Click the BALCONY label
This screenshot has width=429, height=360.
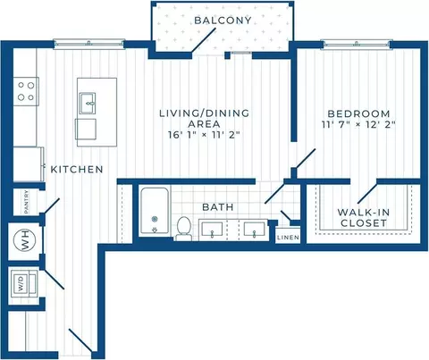click(x=223, y=21)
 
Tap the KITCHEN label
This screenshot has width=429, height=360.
click(x=77, y=170)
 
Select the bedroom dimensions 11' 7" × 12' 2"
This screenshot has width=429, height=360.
click(x=358, y=124)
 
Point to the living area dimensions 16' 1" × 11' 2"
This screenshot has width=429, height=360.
click(x=204, y=135)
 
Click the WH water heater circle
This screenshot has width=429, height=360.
click(x=25, y=239)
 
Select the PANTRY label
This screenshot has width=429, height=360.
click(x=27, y=202)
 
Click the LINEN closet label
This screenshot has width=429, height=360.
click(x=288, y=238)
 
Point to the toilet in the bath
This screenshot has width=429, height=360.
click(x=183, y=229)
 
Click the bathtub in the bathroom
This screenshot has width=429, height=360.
click(x=155, y=211)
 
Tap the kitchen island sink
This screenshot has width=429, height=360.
click(x=88, y=103)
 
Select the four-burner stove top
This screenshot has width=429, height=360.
click(x=26, y=91)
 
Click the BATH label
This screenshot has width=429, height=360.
click(x=218, y=207)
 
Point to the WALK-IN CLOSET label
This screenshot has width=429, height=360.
click(x=364, y=218)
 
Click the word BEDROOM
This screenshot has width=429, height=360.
click(x=358, y=113)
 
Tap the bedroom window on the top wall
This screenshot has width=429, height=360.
click(x=357, y=44)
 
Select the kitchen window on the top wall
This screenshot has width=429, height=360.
click(x=89, y=44)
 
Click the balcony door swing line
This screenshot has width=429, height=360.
click(x=204, y=40)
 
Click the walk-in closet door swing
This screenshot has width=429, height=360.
click(x=367, y=194)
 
